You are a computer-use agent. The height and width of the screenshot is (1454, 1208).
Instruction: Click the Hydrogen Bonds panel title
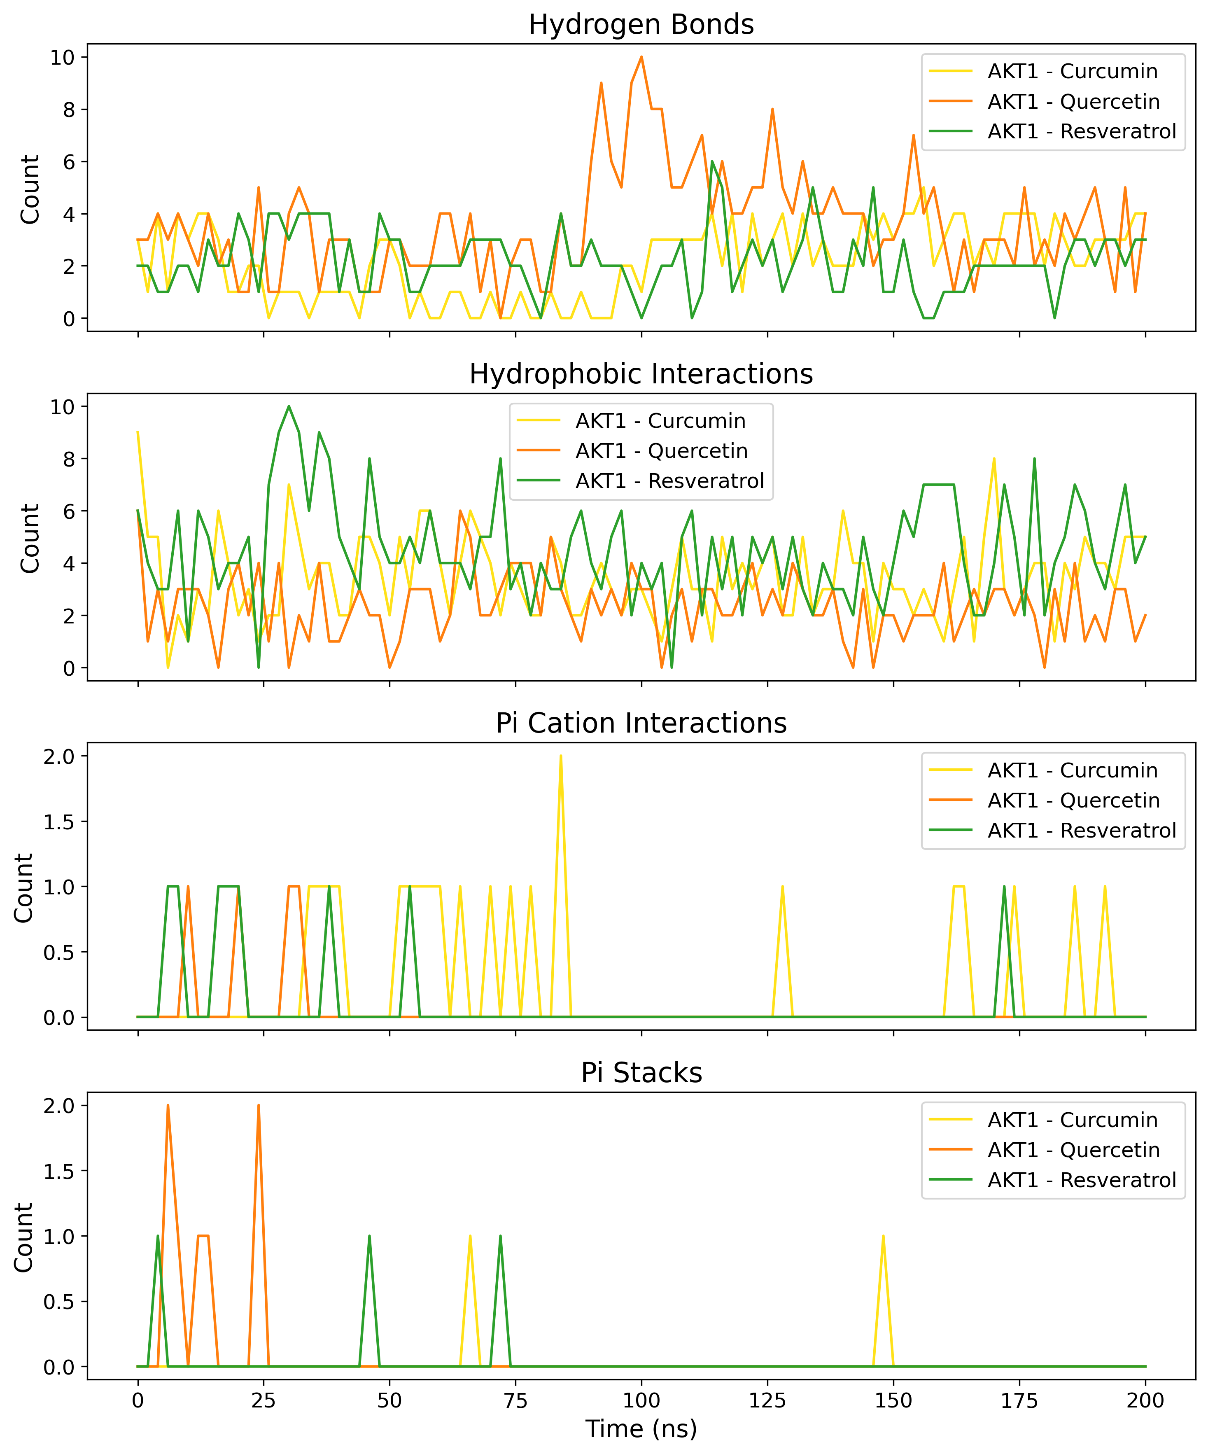tap(641, 25)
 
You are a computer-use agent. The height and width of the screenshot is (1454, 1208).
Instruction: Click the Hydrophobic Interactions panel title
tap(641, 374)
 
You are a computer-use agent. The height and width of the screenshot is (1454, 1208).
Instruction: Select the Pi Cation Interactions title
tap(641, 723)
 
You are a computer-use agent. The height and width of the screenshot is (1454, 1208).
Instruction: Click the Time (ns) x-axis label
tap(641, 1428)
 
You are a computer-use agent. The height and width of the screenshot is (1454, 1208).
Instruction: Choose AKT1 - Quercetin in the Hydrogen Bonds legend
tap(1073, 102)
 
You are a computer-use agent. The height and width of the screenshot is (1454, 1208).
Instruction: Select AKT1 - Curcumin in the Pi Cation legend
tap(1072, 770)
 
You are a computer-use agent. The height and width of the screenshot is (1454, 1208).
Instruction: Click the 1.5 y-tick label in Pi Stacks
tap(60, 1171)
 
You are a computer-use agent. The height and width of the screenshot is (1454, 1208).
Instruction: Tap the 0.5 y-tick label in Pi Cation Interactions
tap(60, 952)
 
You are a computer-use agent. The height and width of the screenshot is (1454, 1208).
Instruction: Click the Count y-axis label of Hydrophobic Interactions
tap(30, 538)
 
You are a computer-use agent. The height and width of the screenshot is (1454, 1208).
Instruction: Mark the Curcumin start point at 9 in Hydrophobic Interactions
tap(138, 433)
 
